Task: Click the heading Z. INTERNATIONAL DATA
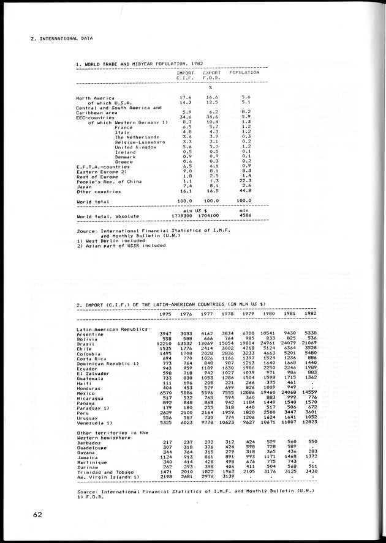coord(61,38)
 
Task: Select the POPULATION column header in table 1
coord(244,72)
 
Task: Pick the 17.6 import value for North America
coord(186,97)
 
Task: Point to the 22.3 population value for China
coord(245,181)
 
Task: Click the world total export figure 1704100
coord(209,216)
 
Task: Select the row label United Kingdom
coord(135,147)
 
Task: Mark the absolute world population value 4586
coord(245,216)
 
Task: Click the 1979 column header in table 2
coord(246,314)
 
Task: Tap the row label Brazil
coord(85,343)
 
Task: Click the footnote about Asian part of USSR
coord(121,245)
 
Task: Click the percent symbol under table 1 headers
coord(210,86)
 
